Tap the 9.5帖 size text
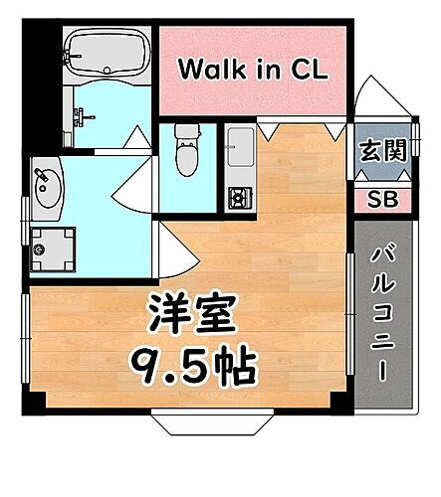pyautogui.click(x=194, y=367)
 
